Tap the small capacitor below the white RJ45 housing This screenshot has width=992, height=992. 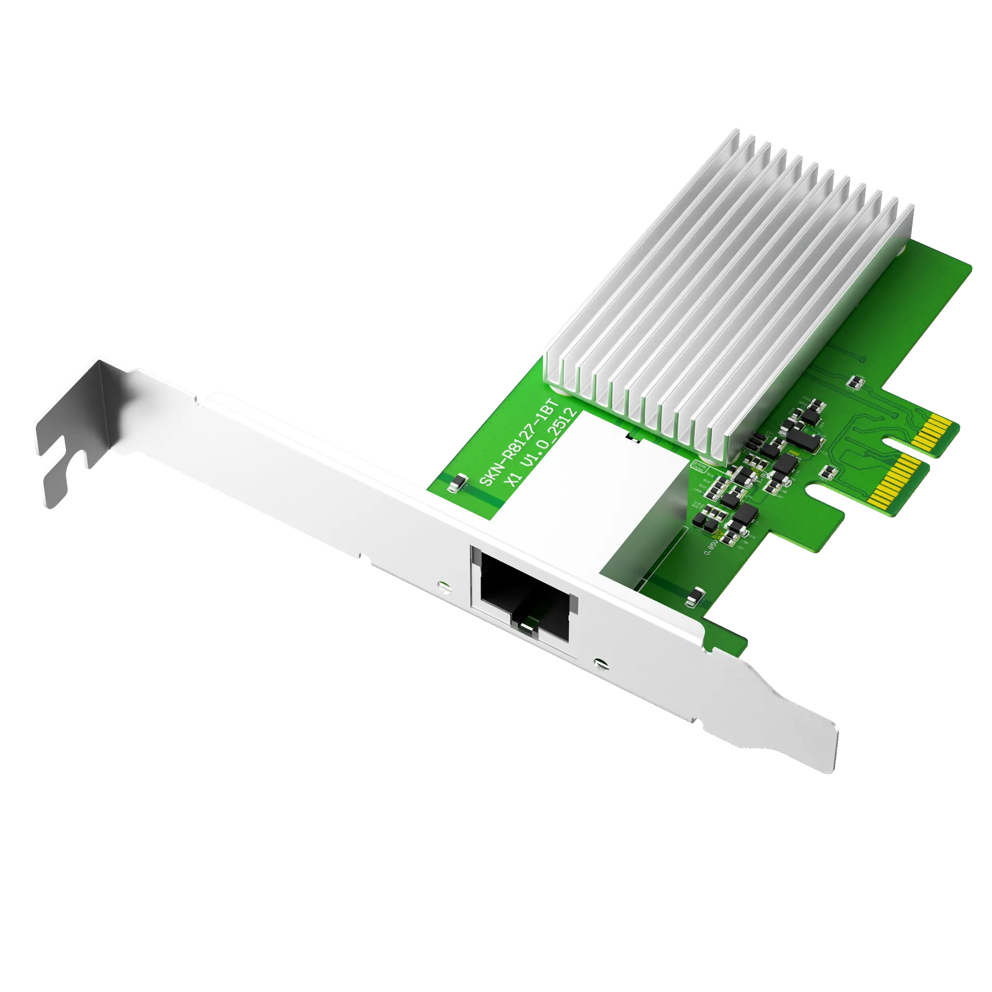click(695, 597)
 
